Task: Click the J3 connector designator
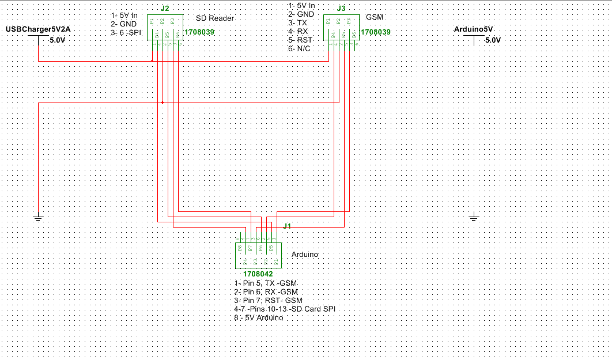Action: click(x=341, y=9)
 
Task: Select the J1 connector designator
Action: click(x=286, y=226)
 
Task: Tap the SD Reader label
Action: click(x=215, y=18)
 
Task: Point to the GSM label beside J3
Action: click(x=375, y=17)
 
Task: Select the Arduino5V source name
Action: click(x=474, y=29)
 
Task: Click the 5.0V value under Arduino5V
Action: click(x=493, y=40)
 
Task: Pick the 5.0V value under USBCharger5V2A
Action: click(x=58, y=40)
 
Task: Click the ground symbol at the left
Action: click(x=38, y=218)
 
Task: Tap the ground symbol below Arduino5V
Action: click(x=474, y=217)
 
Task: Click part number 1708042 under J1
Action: click(x=258, y=274)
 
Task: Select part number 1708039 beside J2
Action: click(x=199, y=33)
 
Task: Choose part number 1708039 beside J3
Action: click(x=375, y=33)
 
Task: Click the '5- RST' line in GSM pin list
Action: click(x=301, y=40)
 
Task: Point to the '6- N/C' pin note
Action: click(x=300, y=49)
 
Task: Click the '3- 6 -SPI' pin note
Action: click(x=126, y=33)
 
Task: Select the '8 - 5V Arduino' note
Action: click(x=259, y=318)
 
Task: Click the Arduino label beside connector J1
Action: click(x=305, y=254)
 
